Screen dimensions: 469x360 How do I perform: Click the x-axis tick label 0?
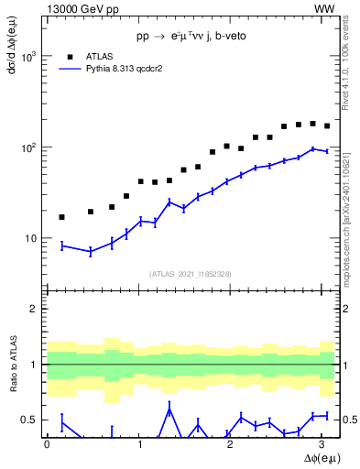pyautogui.click(x=47, y=443)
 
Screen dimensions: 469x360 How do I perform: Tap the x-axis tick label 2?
pyautogui.click(x=233, y=443)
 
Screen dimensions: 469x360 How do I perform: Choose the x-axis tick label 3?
pyautogui.click(x=325, y=443)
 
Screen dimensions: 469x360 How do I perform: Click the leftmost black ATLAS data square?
pyautogui.click(x=61, y=217)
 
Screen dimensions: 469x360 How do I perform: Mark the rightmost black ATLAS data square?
pyautogui.click(x=327, y=126)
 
